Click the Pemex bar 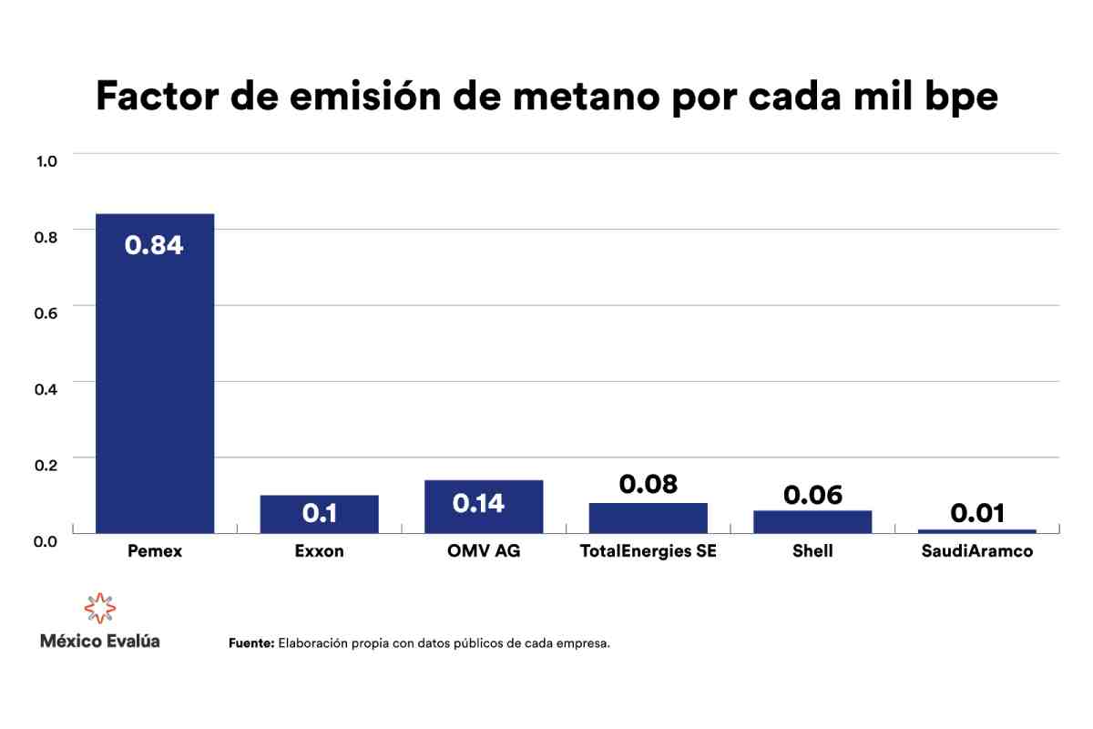coord(155,383)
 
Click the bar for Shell coord(812,521)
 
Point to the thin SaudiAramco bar coord(976,530)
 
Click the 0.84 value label coord(154,245)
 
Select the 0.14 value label coord(484,504)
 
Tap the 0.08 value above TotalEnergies coord(648,484)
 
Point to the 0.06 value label coord(812,495)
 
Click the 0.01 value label coord(976,513)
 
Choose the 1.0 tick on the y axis coord(46,161)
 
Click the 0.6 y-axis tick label coord(46,313)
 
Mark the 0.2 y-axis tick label coord(46,464)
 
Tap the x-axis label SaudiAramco coord(976,551)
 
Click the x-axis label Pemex coord(154,551)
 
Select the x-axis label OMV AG coord(484,551)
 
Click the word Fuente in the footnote coord(250,643)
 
